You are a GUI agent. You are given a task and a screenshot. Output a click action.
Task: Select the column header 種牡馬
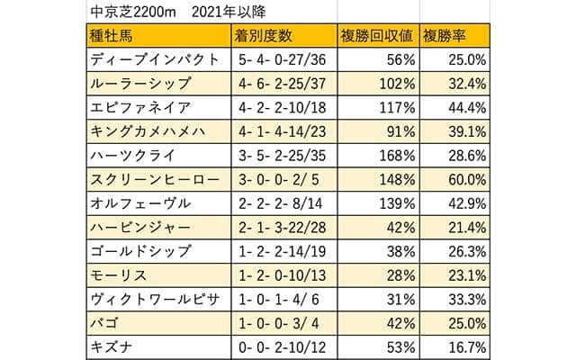[113, 37]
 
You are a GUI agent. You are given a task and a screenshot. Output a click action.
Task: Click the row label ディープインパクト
[155, 60]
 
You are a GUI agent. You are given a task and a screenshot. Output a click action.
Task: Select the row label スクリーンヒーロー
[155, 178]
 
